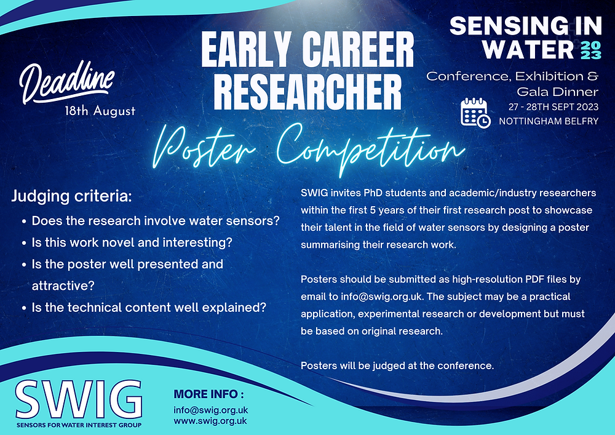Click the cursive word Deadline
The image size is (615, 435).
[68, 83]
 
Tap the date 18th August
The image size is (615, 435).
[100, 112]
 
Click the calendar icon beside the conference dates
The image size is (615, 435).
[475, 113]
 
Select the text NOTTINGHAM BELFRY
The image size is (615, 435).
[549, 121]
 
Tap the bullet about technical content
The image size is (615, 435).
[148, 307]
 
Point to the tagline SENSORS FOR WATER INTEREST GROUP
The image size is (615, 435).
[79, 425]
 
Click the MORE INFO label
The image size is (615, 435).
[209, 394]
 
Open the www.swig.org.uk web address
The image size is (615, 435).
[210, 421]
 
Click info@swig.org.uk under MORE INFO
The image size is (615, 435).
[210, 410]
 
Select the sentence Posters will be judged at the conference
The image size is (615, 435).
[397, 366]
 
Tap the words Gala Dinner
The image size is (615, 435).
[557, 92]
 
